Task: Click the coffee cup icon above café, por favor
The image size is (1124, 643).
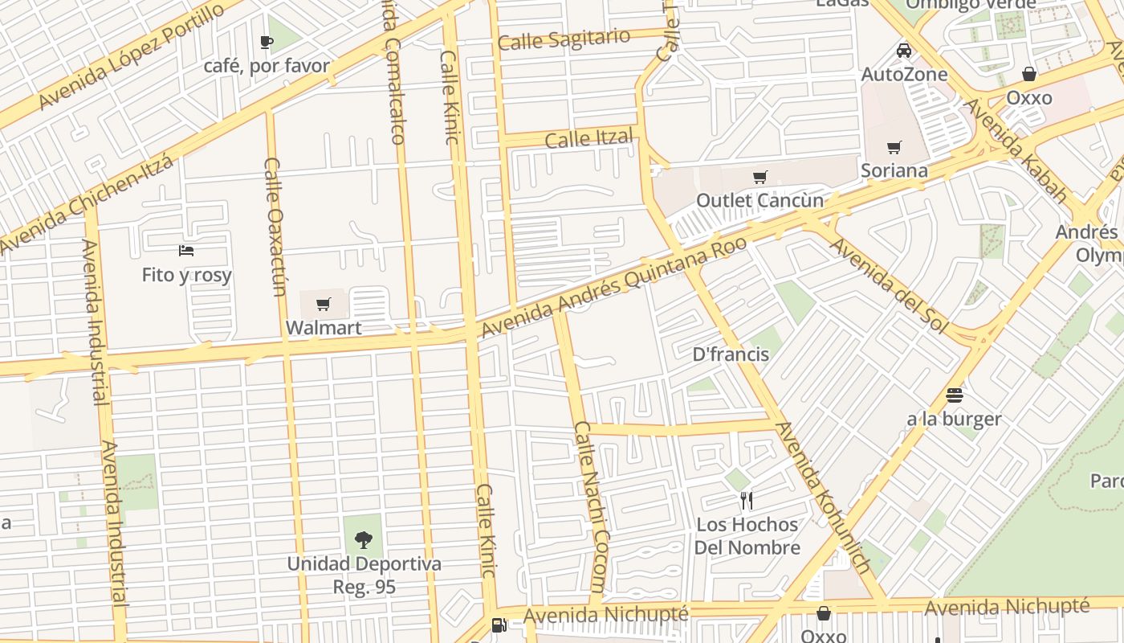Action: tap(267, 42)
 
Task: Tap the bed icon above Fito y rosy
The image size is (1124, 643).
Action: tap(186, 251)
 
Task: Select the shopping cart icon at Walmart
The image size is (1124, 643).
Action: tap(323, 304)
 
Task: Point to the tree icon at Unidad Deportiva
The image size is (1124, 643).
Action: tap(364, 539)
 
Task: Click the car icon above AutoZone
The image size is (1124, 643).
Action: tap(904, 51)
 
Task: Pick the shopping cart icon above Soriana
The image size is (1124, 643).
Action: tap(894, 147)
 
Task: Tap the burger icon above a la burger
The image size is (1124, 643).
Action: tap(954, 395)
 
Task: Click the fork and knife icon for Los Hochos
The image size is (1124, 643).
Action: tap(747, 501)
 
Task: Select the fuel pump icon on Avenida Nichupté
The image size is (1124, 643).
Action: tap(499, 625)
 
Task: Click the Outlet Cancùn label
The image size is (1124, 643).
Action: tap(760, 200)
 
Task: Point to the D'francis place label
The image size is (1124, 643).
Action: tap(731, 354)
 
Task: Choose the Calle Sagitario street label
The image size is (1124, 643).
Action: tap(575, 39)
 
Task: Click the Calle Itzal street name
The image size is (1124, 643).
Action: tap(588, 138)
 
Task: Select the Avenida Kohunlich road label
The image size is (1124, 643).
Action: tap(824, 497)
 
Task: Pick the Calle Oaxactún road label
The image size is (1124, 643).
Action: tap(275, 227)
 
